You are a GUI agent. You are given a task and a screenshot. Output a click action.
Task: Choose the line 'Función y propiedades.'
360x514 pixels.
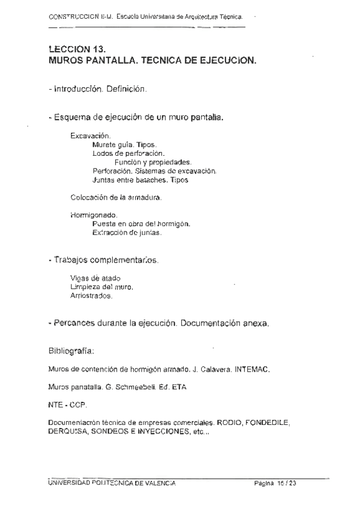tap(153, 162)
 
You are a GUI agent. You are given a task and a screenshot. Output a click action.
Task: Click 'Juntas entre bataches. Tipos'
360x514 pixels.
tap(141, 180)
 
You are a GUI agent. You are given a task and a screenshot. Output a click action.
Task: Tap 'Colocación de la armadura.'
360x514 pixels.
tap(116, 198)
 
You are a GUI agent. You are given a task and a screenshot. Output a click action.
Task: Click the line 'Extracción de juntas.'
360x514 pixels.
tap(127, 233)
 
